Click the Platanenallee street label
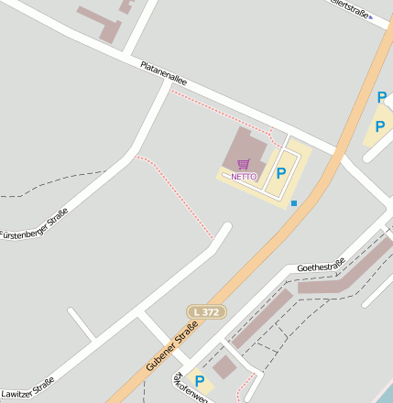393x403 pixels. [164, 74]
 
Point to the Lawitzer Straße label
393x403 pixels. [27, 388]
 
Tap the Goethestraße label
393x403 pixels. [321, 267]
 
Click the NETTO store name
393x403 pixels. [244, 176]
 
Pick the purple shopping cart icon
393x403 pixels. [243, 164]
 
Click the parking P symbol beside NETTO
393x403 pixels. [281, 172]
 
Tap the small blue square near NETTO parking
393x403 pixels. [293, 202]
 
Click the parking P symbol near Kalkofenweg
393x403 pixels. [199, 381]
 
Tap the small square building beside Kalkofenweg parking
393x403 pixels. [224, 367]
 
